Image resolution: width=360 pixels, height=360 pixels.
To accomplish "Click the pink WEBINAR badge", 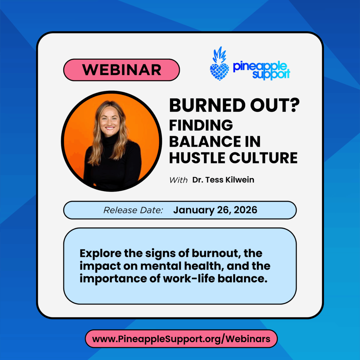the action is point(121,70).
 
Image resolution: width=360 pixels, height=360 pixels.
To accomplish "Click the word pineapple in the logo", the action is point(260,66).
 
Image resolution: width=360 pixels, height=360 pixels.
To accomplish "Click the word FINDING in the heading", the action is point(201,125).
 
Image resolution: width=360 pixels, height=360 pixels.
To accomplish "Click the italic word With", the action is point(178,180).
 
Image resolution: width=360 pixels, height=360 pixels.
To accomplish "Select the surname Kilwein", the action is point(240,180).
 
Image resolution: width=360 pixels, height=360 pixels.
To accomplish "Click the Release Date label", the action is point(133,210).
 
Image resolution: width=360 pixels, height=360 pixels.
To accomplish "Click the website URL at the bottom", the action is point(181,339).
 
